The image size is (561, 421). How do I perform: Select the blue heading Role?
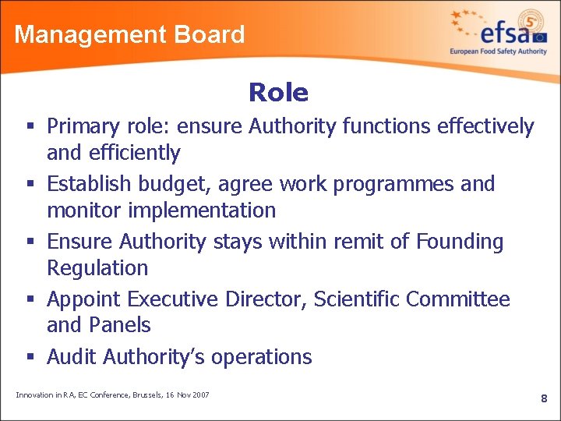pos(278,93)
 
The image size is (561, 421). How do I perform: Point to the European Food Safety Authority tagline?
pos(498,51)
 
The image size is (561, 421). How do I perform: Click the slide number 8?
pos(544,398)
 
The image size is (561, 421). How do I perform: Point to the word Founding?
pos(460,242)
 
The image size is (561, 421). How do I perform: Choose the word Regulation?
pos(97,268)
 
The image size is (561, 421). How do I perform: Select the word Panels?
pos(121,325)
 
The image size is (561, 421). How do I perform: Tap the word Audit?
pos(72,357)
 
